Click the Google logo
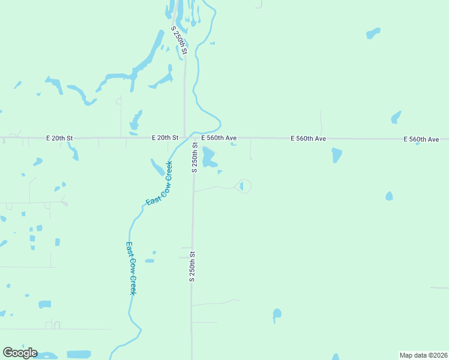click(x=20, y=353)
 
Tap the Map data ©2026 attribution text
click(x=423, y=355)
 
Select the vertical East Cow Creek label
click(x=131, y=268)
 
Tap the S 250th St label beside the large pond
click(x=194, y=157)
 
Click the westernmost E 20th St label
click(x=59, y=138)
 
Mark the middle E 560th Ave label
click(x=309, y=139)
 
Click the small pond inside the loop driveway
click(x=241, y=187)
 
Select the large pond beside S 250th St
click(x=208, y=157)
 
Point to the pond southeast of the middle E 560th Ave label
click(x=336, y=155)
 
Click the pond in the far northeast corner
click(x=373, y=32)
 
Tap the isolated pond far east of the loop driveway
click(x=389, y=196)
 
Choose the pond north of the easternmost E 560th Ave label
click(x=396, y=117)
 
